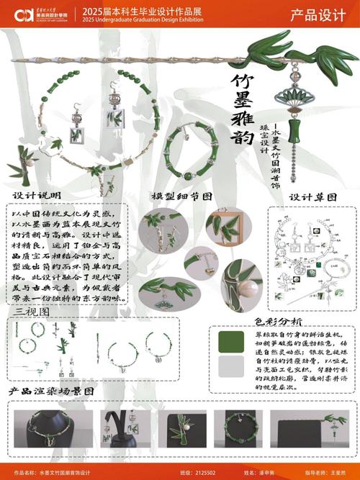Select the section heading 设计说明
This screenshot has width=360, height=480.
[37, 195]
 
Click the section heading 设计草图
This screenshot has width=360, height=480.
[313, 196]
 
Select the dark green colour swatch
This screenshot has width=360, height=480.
[230, 340]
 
